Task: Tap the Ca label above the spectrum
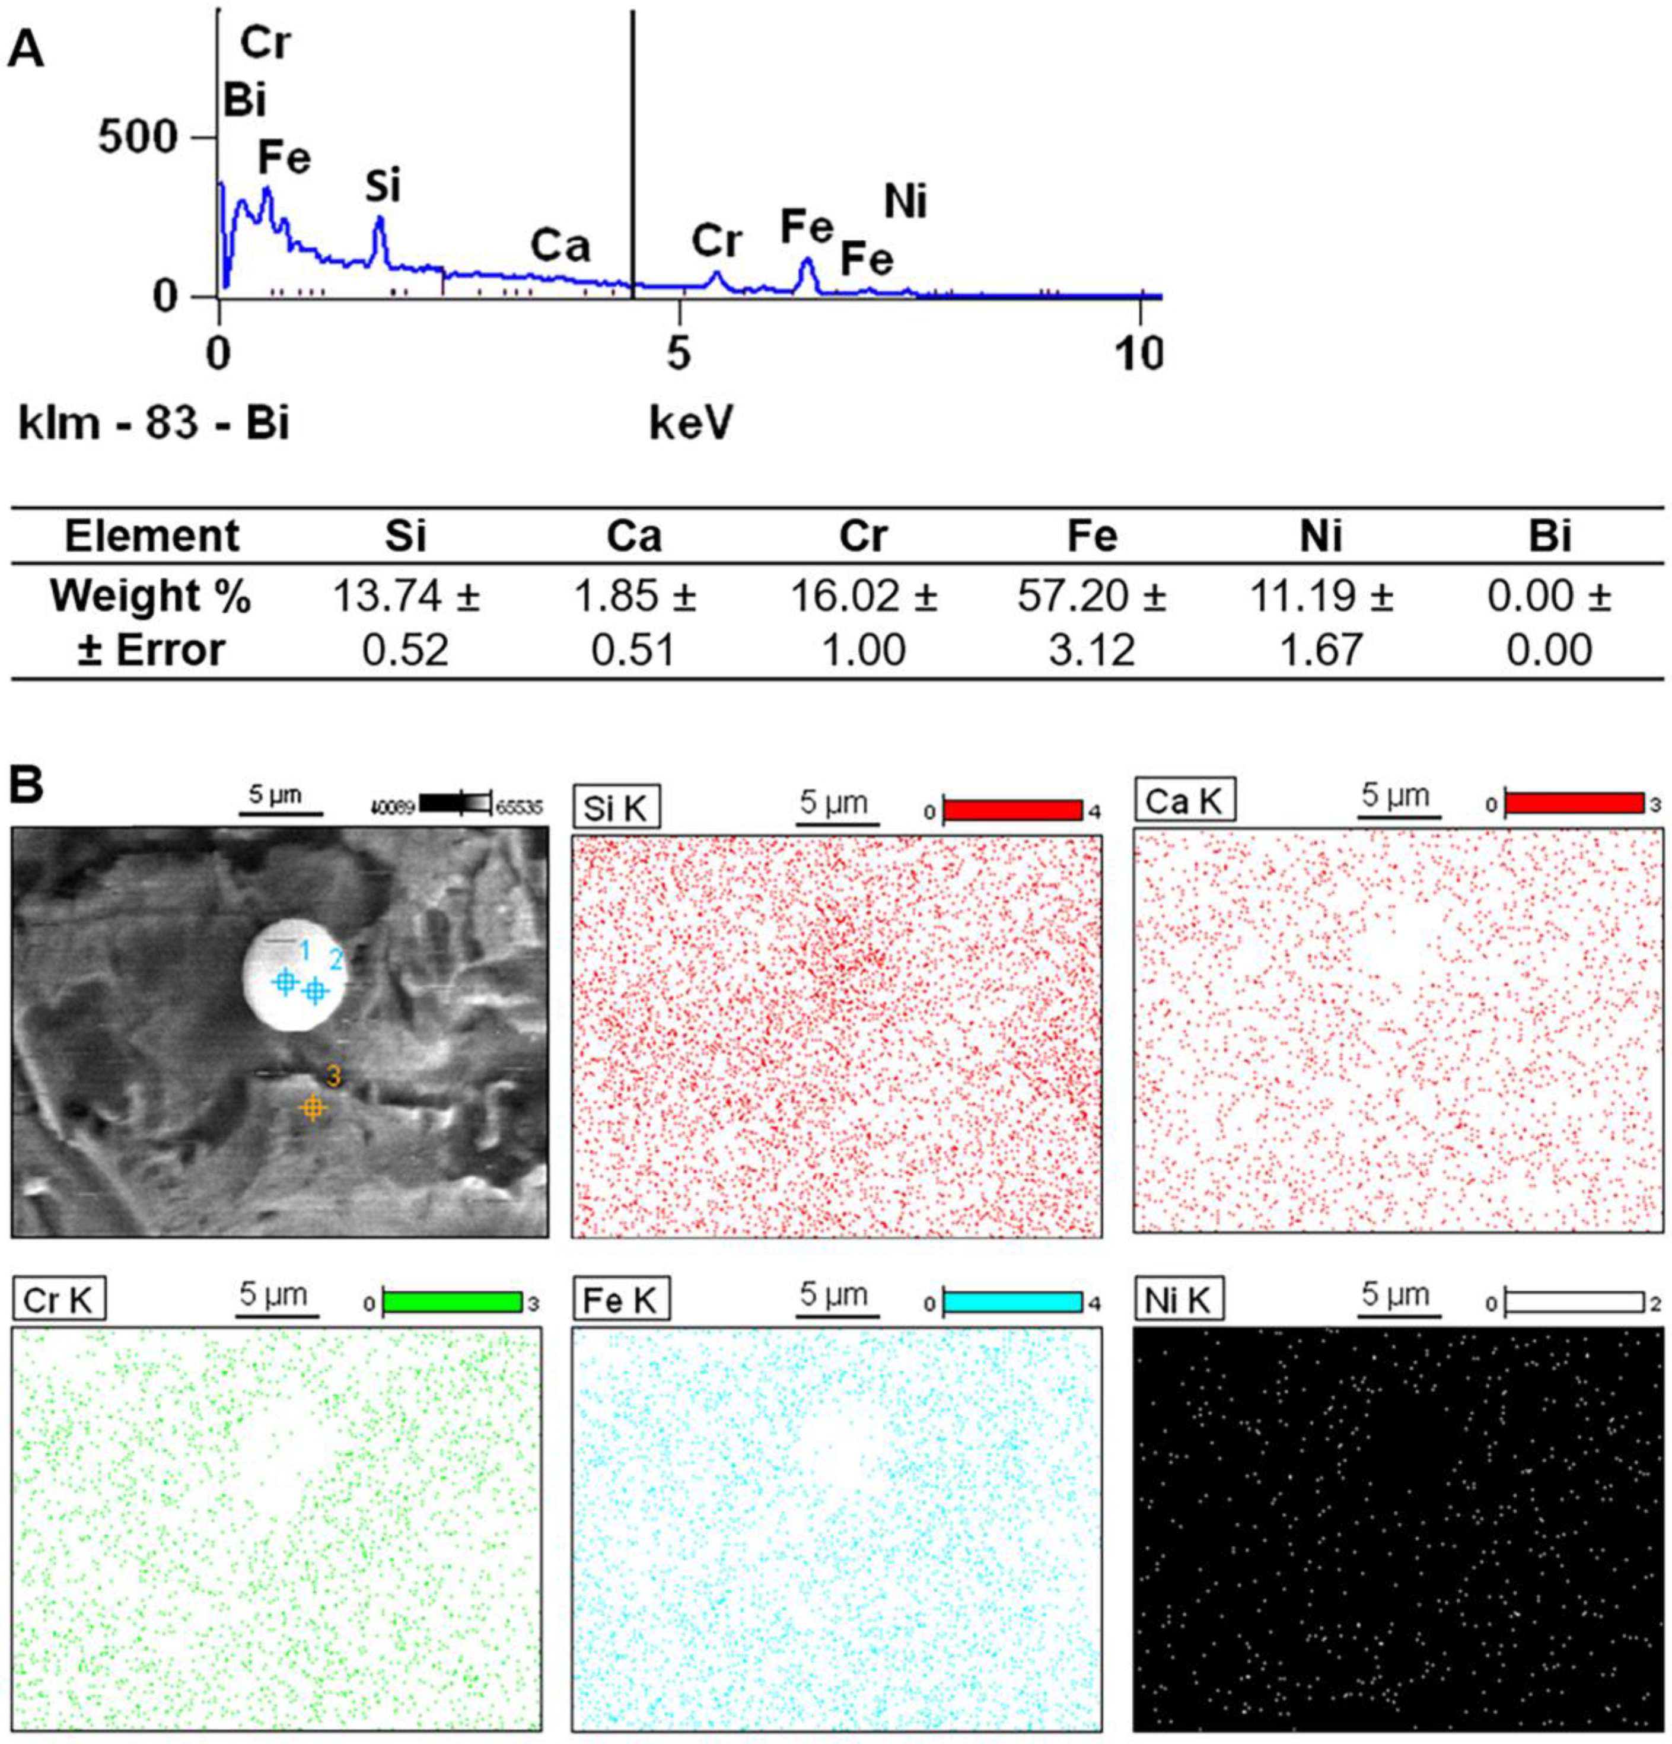pos(560,246)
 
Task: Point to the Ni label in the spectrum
pos(905,202)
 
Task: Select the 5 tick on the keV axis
pos(679,354)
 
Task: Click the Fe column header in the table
pos(1092,536)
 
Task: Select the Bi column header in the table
pos(1549,536)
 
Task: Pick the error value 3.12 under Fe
pos(1092,650)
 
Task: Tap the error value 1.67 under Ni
pos(1320,650)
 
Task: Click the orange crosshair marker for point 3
pos(311,1108)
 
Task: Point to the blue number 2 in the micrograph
pos(336,959)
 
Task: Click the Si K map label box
pos(616,807)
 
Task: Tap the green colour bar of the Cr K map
pos(452,1301)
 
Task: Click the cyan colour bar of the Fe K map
pos(1012,1301)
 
